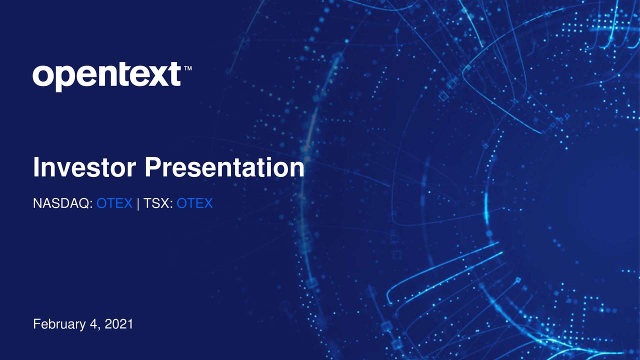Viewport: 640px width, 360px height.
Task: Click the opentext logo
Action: point(106,76)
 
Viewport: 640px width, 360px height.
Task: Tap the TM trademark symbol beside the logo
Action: point(188,68)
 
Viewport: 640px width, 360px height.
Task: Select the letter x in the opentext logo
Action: point(154,76)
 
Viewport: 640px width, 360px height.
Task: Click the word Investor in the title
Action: point(85,167)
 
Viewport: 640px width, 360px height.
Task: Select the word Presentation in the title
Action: point(224,167)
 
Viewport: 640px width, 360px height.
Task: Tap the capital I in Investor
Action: point(36,167)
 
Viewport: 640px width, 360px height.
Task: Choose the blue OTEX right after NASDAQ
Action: point(114,203)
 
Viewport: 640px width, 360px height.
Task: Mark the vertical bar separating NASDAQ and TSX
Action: point(138,203)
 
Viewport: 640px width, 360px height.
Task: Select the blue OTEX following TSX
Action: point(195,203)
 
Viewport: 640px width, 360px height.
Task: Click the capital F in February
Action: point(36,324)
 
